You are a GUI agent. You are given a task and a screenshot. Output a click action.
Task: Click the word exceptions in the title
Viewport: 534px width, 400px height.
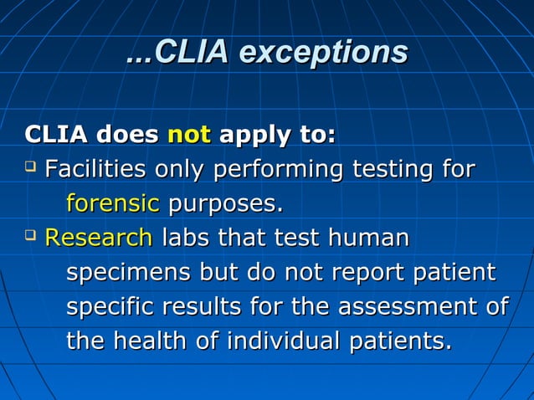click(324, 53)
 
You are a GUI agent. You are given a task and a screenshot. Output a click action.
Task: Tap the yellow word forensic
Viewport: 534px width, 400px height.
click(112, 203)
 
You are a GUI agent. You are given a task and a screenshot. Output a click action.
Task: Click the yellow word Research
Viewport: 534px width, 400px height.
click(98, 238)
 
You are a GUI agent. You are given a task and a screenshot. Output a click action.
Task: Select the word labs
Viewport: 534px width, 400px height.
click(185, 238)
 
